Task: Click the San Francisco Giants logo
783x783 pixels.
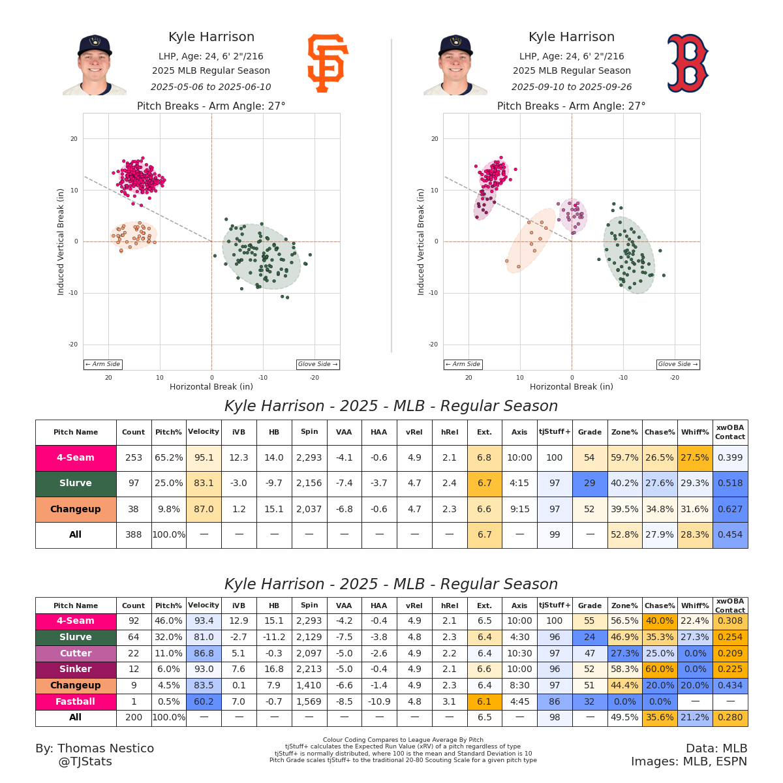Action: [328, 63]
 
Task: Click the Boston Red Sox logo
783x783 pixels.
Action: [688, 63]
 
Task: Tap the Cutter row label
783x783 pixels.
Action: [76, 653]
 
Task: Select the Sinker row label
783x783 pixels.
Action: [76, 669]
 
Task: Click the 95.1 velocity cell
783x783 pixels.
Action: [204, 458]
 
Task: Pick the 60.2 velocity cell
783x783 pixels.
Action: [204, 701]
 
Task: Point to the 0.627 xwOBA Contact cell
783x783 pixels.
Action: [730, 509]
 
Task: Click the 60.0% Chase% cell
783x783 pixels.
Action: [660, 669]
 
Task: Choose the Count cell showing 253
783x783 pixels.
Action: [134, 458]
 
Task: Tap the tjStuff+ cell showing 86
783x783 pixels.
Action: [555, 701]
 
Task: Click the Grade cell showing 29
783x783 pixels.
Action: [590, 484]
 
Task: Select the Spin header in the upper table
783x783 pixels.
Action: [309, 432]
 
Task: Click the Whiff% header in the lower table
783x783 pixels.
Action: [695, 606]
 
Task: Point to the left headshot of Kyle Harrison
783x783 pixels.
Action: [95, 65]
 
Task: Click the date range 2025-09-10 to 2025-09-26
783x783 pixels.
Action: [572, 87]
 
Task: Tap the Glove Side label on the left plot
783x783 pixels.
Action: [318, 364]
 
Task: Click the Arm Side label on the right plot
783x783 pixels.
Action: [463, 364]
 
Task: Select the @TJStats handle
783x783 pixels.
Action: [85, 761]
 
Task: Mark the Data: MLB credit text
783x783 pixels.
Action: [716, 748]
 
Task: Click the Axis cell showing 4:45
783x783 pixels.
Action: [519, 701]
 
